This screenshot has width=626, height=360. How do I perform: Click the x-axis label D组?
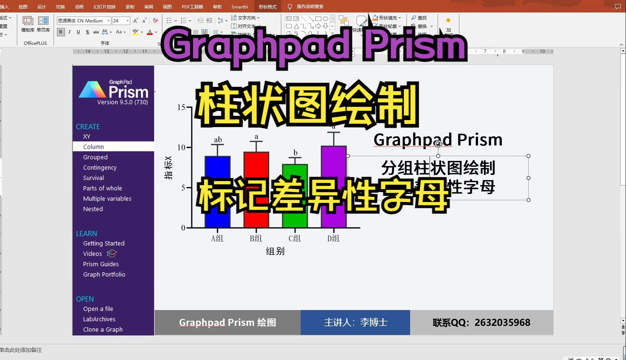333,238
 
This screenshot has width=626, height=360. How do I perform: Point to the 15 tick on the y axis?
181,107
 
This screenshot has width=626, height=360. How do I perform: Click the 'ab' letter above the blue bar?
218,140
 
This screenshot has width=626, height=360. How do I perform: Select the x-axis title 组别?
275,251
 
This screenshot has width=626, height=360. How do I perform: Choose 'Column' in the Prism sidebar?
93,147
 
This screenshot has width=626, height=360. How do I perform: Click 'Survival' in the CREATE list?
93,178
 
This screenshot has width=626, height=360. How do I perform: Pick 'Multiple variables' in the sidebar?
107,198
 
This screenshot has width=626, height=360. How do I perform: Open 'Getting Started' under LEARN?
104,243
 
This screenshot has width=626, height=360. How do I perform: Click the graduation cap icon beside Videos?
112,253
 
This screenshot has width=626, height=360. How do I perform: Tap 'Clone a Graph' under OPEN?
103,330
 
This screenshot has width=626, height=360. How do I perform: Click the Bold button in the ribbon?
61,32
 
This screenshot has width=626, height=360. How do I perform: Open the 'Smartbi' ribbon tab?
240,7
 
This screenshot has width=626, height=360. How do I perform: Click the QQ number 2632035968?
502,323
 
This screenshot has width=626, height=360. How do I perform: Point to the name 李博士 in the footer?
373,323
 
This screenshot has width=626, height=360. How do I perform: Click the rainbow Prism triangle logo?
92,90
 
